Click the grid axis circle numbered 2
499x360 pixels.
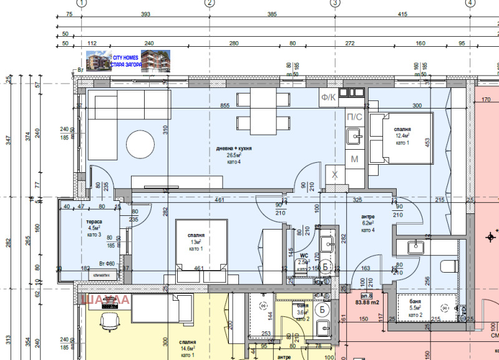(x=210, y=3)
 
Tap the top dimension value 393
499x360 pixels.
(x=146, y=14)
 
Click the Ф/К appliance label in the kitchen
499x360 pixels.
(x=328, y=97)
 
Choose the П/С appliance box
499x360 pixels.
(x=353, y=117)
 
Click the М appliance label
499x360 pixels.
(x=354, y=159)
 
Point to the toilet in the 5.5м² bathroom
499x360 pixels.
(x=450, y=267)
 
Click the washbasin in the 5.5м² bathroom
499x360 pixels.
(x=415, y=247)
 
